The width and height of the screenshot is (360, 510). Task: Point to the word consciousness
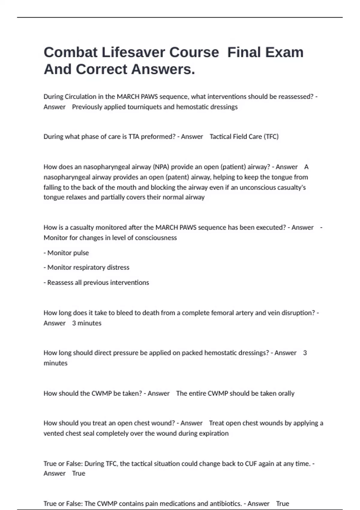(156, 238)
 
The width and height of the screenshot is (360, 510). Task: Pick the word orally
(286, 393)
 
